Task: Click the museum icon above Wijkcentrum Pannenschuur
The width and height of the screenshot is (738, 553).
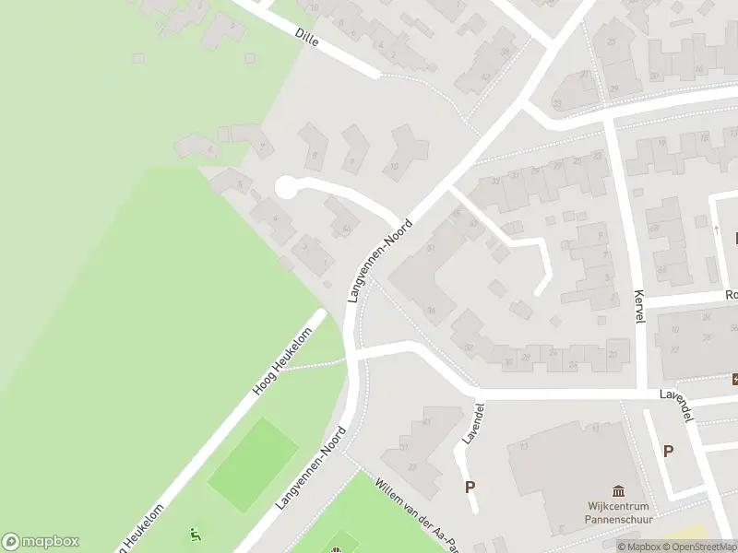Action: (x=618, y=492)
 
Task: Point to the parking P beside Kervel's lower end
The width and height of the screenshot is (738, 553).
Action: (x=668, y=452)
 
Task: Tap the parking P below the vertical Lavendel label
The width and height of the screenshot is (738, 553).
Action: (x=470, y=488)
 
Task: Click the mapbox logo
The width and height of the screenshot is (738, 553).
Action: (x=41, y=542)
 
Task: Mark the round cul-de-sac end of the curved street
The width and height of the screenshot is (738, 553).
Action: (x=286, y=187)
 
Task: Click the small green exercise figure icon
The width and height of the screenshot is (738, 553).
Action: (x=195, y=534)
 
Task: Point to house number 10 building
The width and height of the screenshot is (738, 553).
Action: (x=406, y=152)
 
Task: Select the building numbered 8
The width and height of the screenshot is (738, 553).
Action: (x=315, y=148)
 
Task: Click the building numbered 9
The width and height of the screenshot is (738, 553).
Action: (x=353, y=150)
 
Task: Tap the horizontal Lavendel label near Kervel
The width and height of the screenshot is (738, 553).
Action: (x=676, y=396)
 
